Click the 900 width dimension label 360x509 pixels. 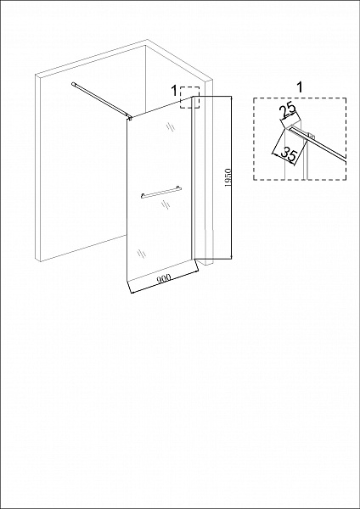tap(164, 278)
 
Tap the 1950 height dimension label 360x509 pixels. tap(228, 178)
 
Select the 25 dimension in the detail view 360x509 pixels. tap(288, 110)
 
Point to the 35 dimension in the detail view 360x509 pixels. tap(289, 154)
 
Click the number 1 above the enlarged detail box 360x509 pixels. tap(300, 87)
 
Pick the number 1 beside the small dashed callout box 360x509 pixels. tap(174, 91)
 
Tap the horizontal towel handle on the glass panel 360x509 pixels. tap(161, 192)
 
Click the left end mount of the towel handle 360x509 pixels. tap(143, 196)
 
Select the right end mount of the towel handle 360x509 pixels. tap(177, 187)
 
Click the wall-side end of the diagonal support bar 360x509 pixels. tap(73, 84)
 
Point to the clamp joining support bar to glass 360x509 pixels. tap(130, 118)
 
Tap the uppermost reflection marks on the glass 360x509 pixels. tap(171, 126)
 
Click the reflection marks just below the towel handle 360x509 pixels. tap(166, 204)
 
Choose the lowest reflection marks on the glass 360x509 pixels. tap(141, 254)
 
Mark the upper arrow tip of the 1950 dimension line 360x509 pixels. tap(231, 97)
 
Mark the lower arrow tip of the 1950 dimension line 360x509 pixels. tap(231, 259)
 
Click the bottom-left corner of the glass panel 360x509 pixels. tap(127, 280)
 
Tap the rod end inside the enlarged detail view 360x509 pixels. tap(290, 128)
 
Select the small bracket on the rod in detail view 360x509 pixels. tap(310, 136)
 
